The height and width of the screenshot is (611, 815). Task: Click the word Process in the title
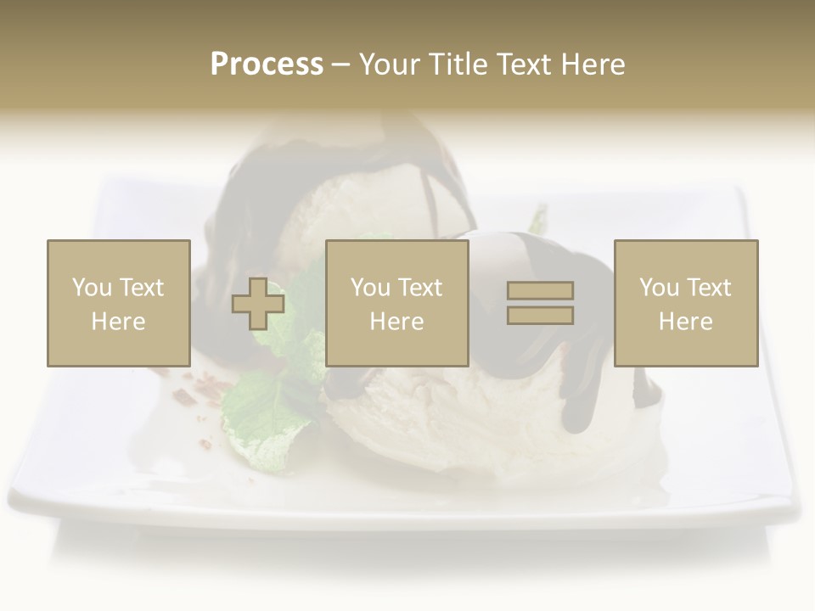pos(267,64)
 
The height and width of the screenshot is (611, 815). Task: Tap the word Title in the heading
pos(458,64)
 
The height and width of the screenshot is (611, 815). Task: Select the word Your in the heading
pos(391,64)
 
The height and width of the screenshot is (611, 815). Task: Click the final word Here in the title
pos(591,64)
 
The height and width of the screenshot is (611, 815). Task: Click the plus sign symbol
pos(258,304)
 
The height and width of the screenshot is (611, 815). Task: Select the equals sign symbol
pos(540,303)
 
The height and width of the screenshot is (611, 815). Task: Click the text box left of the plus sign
pos(119,303)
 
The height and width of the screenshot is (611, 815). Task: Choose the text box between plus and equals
pos(397,303)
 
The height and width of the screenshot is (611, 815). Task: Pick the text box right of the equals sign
pos(686,303)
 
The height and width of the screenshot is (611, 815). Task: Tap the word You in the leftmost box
pos(92,288)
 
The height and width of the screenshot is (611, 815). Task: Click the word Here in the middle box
pos(397,322)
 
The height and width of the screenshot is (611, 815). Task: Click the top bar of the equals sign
pos(540,291)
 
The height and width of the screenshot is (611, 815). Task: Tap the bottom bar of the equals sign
pos(540,315)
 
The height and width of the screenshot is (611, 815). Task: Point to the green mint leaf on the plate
pos(263,416)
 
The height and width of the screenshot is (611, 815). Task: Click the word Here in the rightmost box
pos(686,322)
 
